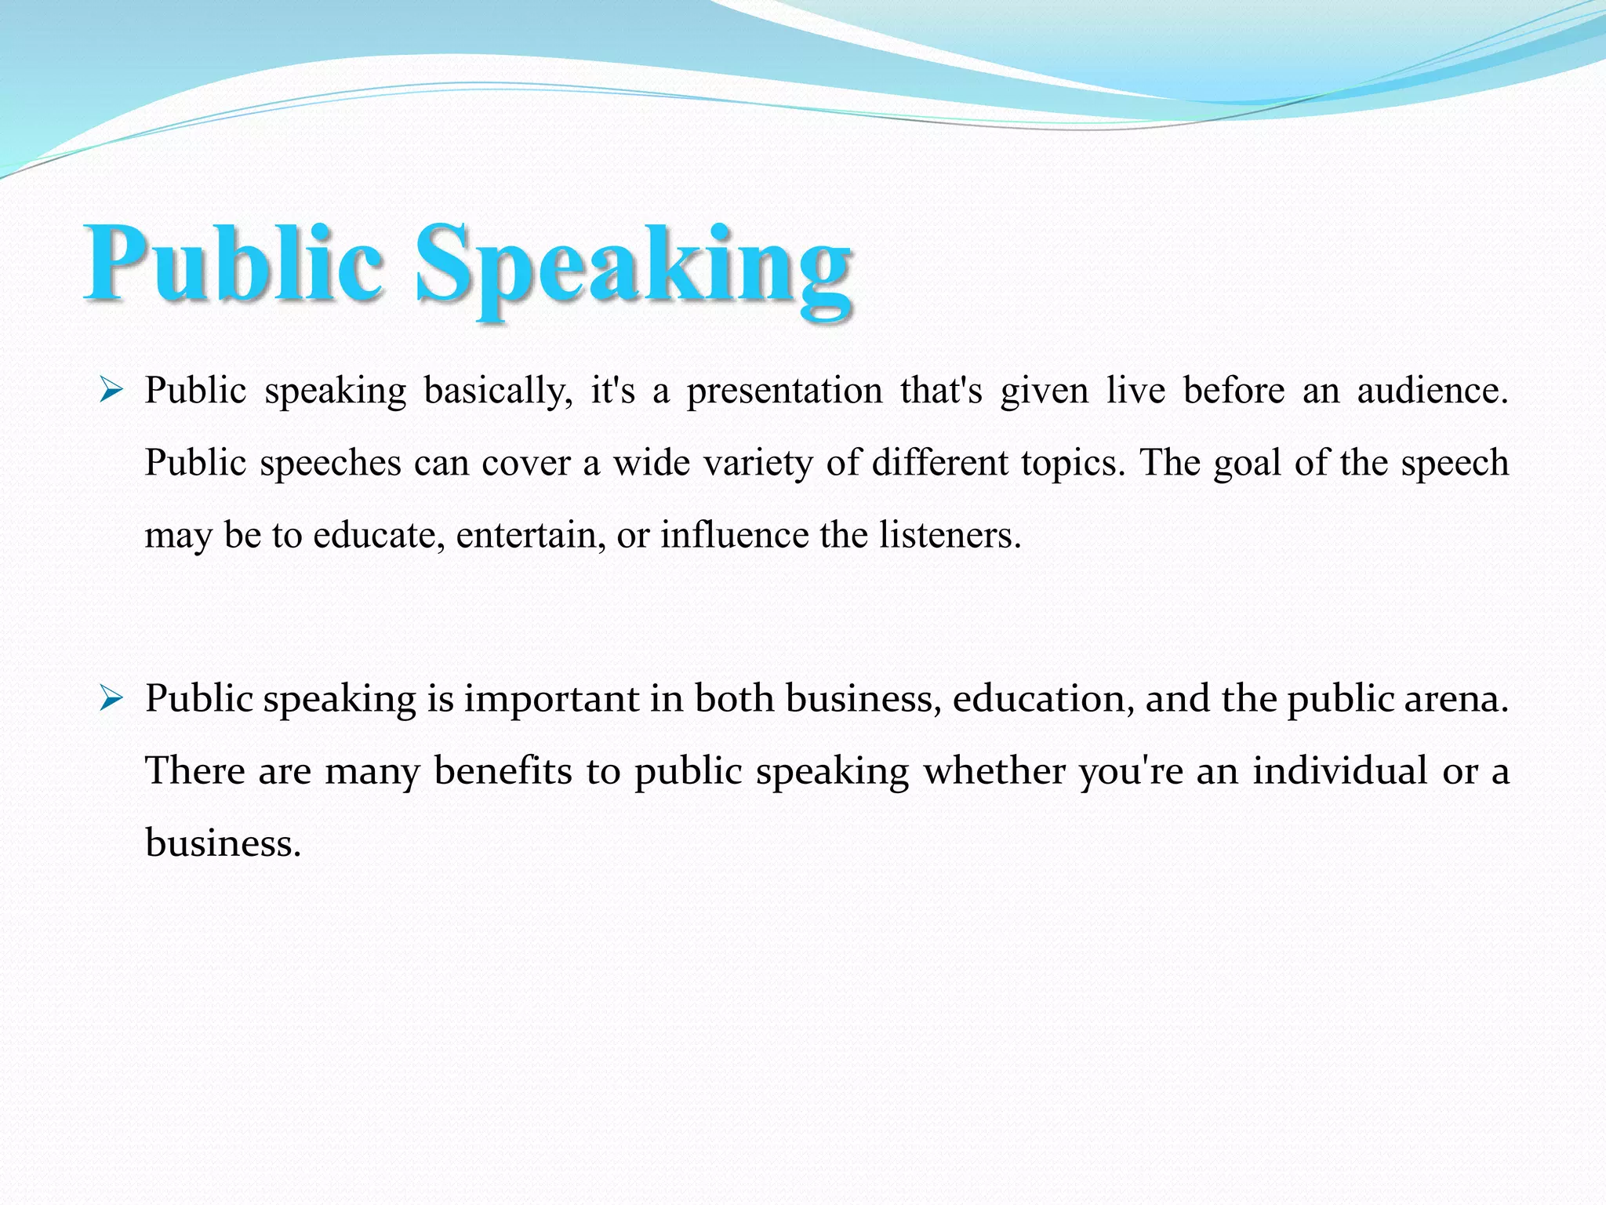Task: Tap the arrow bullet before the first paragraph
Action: click(x=111, y=389)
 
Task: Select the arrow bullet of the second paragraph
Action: click(x=111, y=697)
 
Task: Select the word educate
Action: click(x=379, y=535)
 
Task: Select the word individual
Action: click(x=1339, y=770)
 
